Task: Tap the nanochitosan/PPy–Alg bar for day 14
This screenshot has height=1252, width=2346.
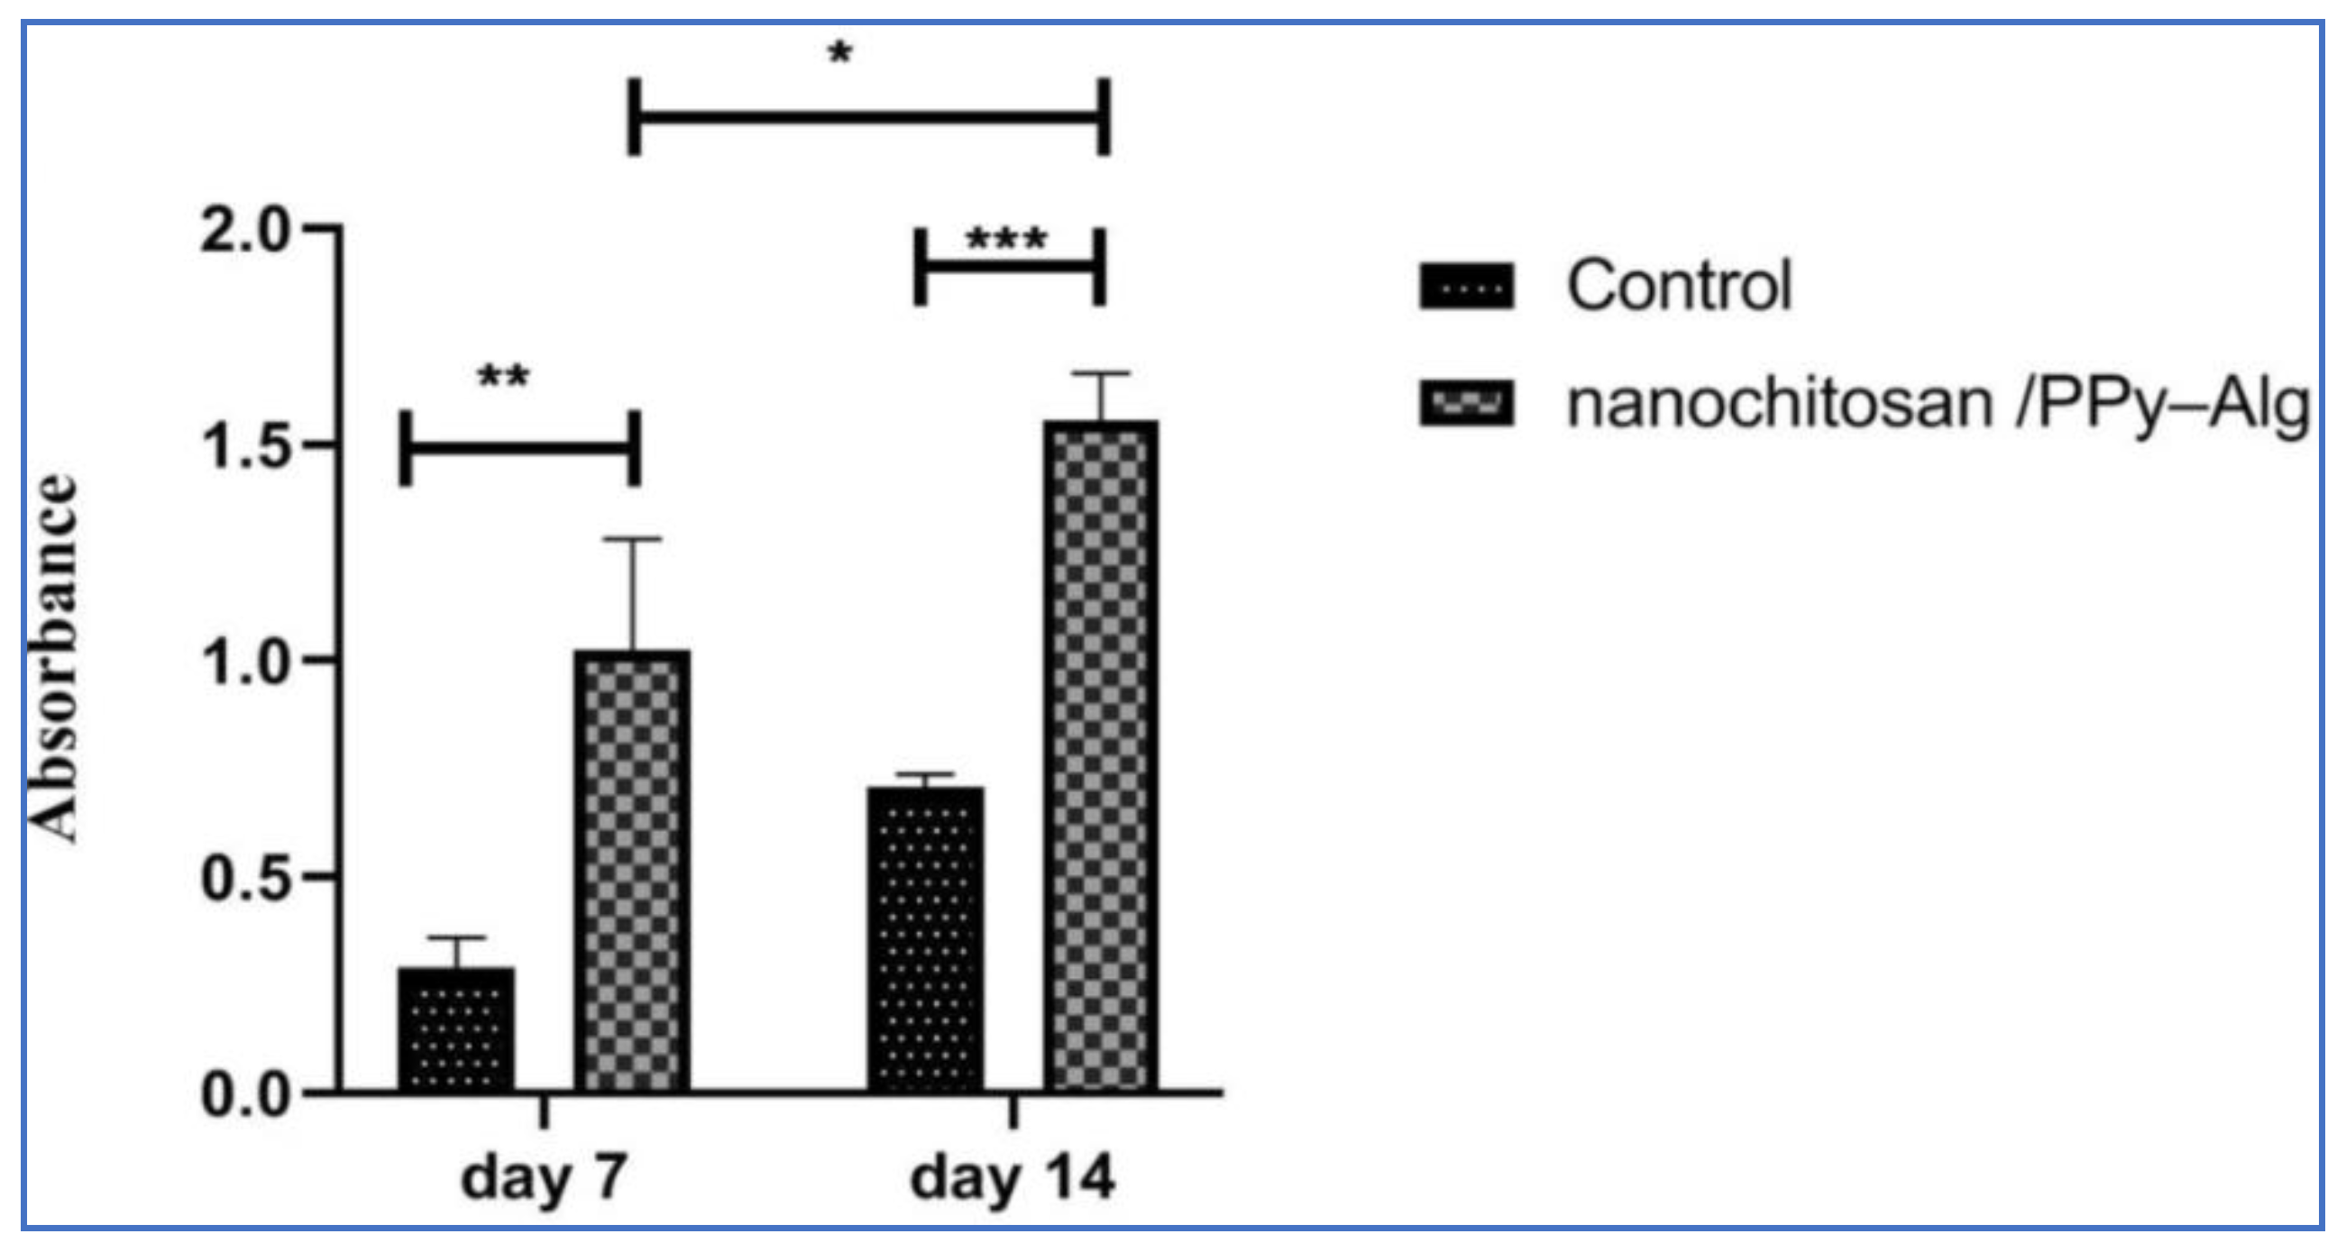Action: click(1101, 754)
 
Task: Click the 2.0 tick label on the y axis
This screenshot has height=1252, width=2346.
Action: click(244, 230)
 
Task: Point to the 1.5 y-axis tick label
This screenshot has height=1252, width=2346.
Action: click(244, 446)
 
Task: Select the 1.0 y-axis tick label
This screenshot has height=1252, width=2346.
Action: click(244, 662)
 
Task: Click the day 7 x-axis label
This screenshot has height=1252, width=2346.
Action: click(544, 1178)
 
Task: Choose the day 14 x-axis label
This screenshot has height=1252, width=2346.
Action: click(1012, 1178)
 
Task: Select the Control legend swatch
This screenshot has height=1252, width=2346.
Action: click(1466, 286)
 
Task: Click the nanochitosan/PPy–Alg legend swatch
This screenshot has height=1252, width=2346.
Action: click(1466, 404)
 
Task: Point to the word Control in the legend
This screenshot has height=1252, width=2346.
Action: click(1679, 286)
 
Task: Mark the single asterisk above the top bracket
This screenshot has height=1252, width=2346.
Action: click(839, 53)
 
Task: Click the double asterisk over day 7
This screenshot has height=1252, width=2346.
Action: click(504, 375)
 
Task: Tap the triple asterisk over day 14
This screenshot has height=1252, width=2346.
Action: click(1006, 240)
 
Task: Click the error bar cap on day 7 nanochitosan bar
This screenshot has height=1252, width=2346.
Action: click(632, 539)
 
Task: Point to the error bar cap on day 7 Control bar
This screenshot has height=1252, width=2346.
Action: click(456, 937)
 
